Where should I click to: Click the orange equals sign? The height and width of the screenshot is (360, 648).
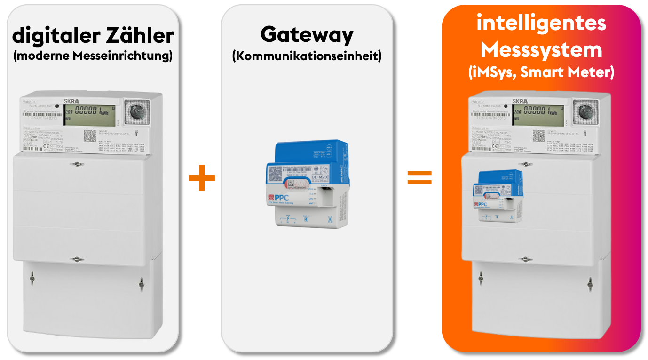pyautogui.click(x=419, y=178)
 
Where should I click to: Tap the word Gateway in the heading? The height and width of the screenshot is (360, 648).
pyautogui.click(x=307, y=35)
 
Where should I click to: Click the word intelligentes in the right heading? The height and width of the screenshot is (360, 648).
pyautogui.click(x=541, y=23)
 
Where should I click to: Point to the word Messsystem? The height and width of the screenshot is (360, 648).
pyautogui.click(x=541, y=49)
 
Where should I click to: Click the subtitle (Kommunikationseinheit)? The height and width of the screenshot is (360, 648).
pyautogui.click(x=307, y=56)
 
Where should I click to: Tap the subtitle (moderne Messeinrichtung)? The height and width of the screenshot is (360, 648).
pyautogui.click(x=93, y=56)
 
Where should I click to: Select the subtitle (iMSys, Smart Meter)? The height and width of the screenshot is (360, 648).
pyautogui.click(x=541, y=72)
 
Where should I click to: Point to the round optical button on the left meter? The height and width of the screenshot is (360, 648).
pyautogui.click(x=137, y=112)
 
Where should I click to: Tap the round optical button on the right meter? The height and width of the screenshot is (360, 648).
pyautogui.click(x=586, y=112)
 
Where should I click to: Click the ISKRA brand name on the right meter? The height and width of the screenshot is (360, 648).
pyautogui.click(x=521, y=101)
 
